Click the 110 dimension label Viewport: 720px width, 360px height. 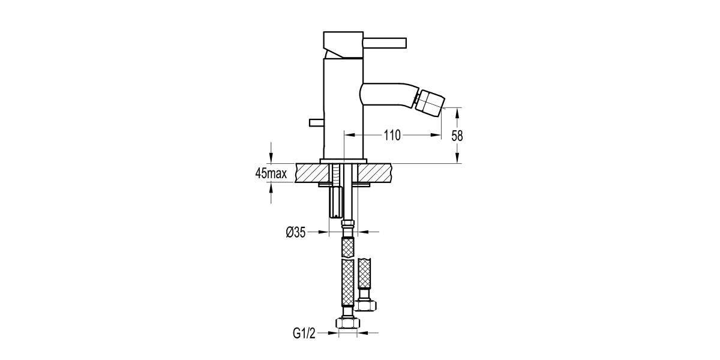(392, 136)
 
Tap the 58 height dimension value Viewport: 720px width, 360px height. (457, 136)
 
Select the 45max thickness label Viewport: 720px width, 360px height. (271, 174)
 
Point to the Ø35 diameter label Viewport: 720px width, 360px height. (296, 232)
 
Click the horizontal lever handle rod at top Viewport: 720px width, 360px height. (386, 43)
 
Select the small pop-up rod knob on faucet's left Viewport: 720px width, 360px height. (316, 123)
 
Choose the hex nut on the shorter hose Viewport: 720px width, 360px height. (365, 305)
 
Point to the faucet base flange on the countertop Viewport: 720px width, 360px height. (344, 161)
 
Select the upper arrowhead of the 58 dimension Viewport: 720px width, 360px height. (457, 111)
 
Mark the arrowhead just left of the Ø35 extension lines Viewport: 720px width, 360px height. (325, 232)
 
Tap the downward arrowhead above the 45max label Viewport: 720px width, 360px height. (271, 158)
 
